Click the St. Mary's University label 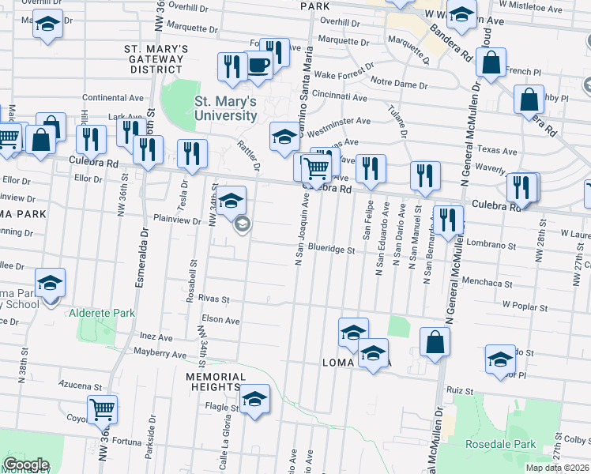point(226,108)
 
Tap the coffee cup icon point(258,65)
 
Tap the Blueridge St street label point(332,249)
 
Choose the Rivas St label point(213,299)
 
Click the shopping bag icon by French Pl point(491,65)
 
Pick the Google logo point(26,465)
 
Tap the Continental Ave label point(109,98)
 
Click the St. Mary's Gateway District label point(157,59)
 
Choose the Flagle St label point(223,408)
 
